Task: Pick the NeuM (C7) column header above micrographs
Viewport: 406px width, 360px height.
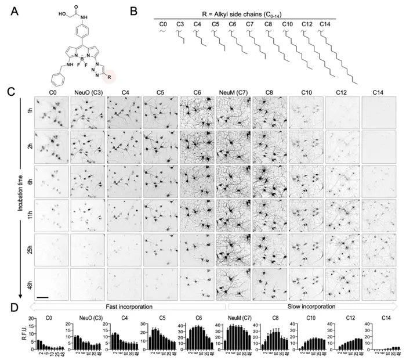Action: click(234, 92)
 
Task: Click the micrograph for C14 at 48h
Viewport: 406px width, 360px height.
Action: click(379, 283)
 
